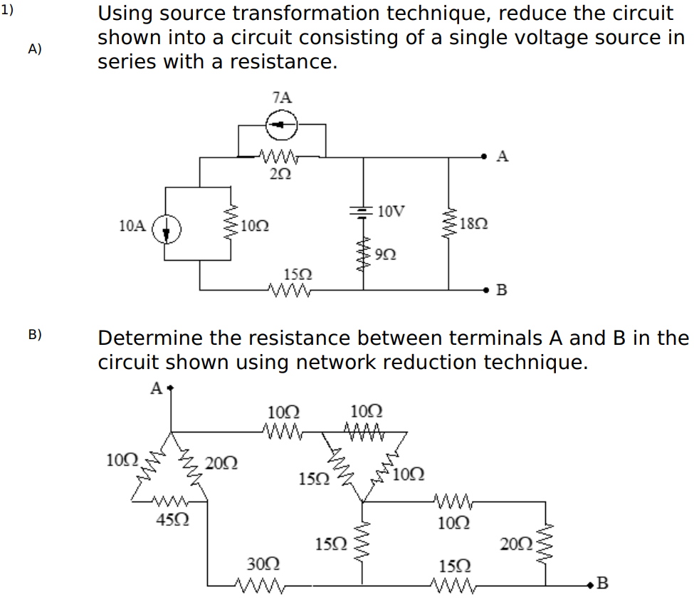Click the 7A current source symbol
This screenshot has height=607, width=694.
tap(281, 125)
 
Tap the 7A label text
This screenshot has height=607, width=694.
tap(281, 98)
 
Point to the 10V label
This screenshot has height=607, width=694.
tap(391, 212)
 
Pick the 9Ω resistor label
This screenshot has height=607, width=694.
tap(386, 253)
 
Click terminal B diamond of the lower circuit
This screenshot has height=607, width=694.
tap(589, 586)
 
